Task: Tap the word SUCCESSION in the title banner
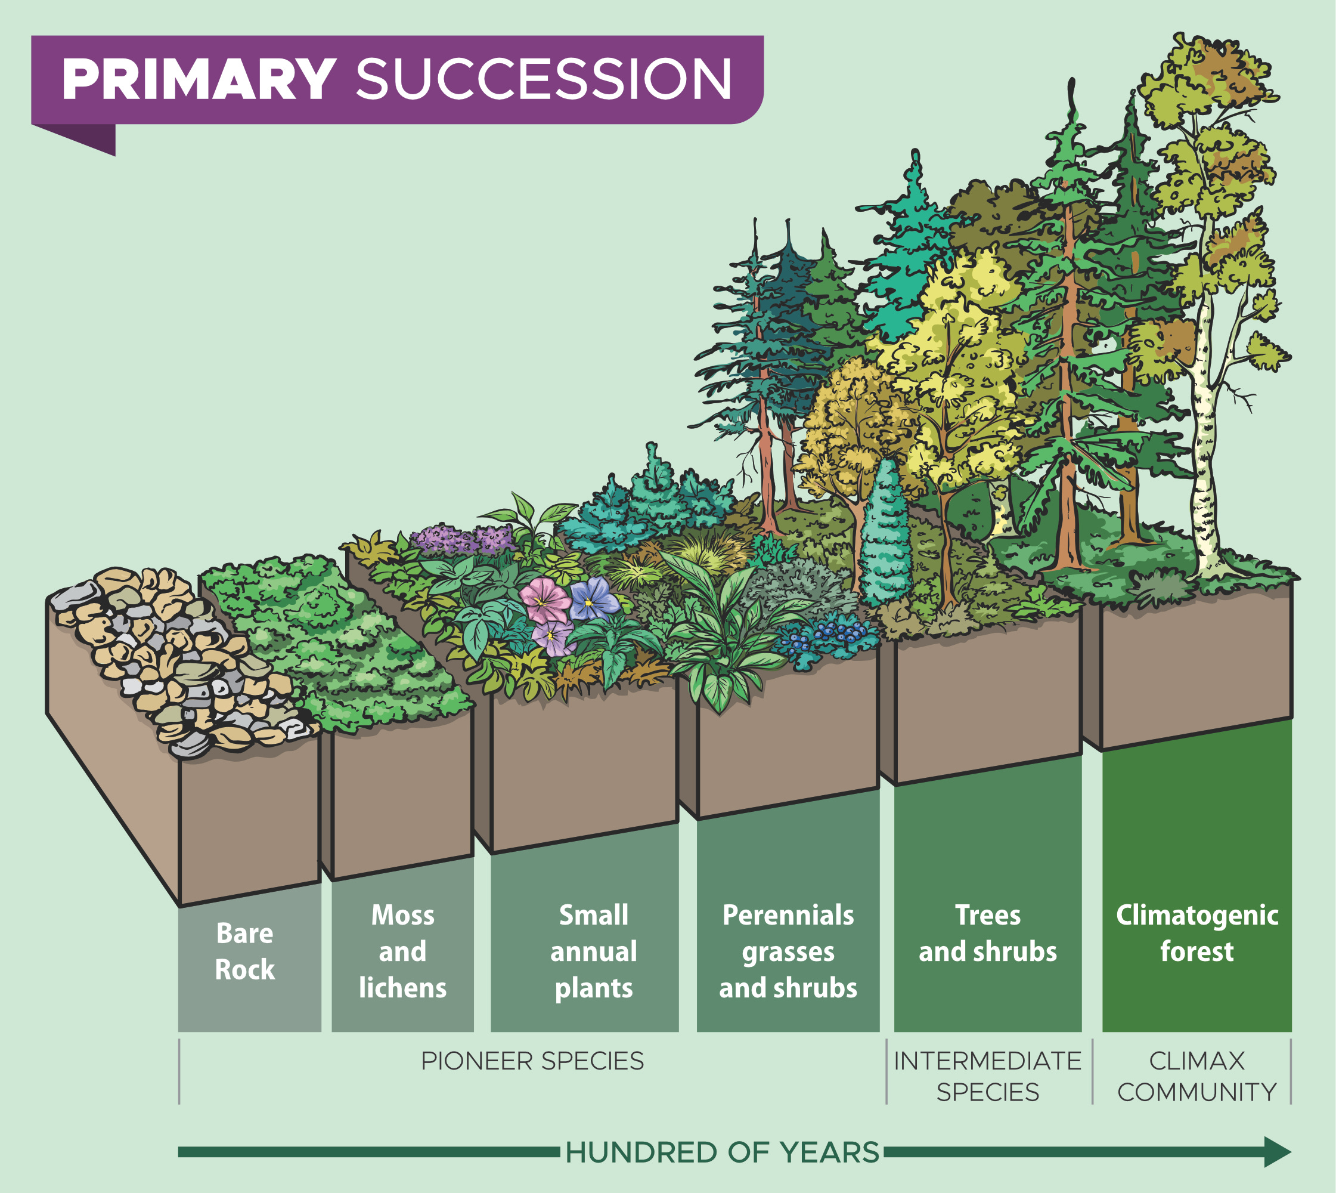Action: pos(543,79)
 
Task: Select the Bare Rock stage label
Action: pos(245,951)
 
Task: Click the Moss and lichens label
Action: pos(402,951)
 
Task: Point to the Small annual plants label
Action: pos(593,951)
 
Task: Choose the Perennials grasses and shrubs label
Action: pos(788,951)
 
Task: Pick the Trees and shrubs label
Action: pos(987,934)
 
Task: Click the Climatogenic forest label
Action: pos(1196,934)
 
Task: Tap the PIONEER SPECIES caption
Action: pos(532,1061)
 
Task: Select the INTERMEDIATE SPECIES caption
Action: pos(987,1076)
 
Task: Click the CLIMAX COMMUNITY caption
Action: pos(1196,1076)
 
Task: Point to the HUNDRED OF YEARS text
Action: pos(722,1152)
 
